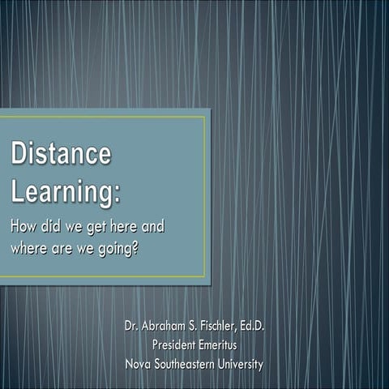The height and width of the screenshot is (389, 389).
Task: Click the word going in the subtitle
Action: [x=113, y=248]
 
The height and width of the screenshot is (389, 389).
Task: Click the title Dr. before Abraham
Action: [x=132, y=327]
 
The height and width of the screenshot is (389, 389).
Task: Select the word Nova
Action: [x=139, y=364]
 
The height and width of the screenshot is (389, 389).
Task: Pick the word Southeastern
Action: [x=191, y=364]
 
